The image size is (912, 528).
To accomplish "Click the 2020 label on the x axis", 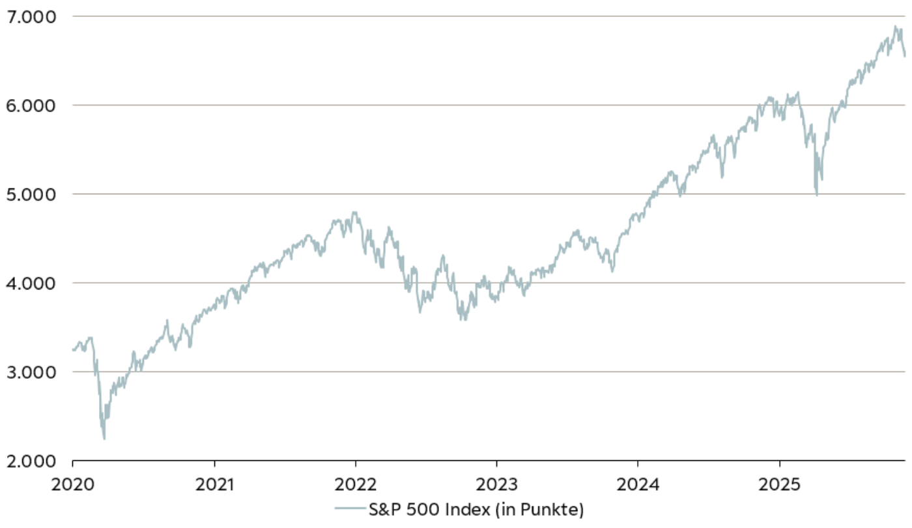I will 72,484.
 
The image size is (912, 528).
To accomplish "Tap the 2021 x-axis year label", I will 214,484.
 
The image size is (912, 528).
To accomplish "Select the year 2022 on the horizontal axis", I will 356,484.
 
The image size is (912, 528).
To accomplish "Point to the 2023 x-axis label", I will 496,484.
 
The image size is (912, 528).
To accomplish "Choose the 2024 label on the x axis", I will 638,484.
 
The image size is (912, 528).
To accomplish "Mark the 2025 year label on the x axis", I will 779,484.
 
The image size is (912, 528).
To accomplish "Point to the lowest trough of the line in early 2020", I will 104,439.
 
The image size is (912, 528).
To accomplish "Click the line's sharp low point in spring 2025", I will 817,195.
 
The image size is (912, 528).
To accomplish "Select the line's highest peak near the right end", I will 896,27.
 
